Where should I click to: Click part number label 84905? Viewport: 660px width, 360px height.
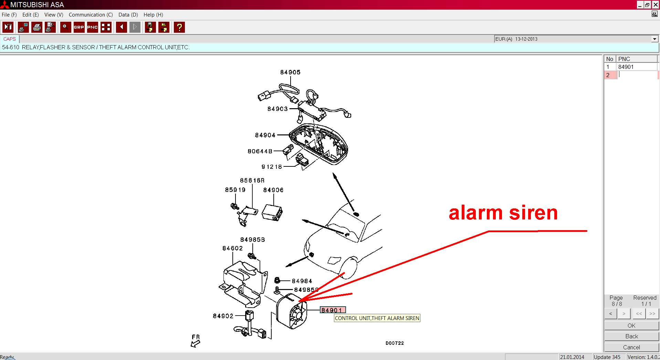290,72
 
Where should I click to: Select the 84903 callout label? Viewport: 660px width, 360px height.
277,109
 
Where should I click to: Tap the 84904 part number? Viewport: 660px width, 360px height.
265,135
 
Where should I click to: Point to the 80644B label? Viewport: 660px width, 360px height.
260,151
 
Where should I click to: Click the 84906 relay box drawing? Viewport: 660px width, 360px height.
272,213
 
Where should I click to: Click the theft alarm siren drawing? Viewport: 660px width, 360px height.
292,311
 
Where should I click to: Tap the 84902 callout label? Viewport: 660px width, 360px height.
223,316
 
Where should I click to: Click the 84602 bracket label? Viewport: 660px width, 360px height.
232,248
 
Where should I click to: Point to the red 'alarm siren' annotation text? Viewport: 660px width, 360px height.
503,213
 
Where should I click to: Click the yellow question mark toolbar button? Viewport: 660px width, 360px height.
179,27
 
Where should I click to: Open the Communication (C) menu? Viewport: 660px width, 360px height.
91,15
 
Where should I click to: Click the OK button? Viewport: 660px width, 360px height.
631,326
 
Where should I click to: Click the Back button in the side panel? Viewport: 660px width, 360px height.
631,336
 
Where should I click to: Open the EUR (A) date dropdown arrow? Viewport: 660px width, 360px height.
654,39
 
